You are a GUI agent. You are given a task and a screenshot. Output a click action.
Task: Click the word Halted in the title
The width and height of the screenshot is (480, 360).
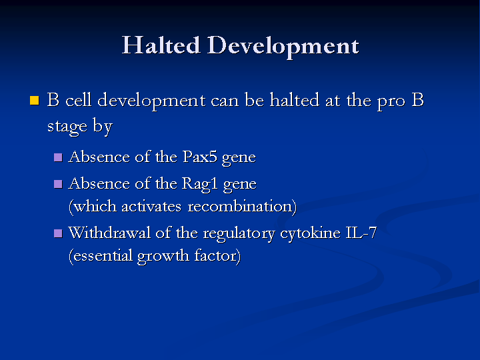click(161, 45)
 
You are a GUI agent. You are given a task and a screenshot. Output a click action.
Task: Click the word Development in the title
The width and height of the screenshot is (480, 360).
click(283, 46)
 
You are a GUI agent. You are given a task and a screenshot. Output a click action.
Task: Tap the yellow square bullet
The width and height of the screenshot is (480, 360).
click(35, 101)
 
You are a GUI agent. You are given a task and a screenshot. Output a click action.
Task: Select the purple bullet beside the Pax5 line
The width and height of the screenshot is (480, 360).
click(58, 157)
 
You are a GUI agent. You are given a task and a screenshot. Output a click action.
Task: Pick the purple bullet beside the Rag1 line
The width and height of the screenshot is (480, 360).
click(58, 184)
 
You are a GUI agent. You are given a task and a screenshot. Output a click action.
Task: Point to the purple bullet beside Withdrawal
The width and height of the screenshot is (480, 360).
click(58, 233)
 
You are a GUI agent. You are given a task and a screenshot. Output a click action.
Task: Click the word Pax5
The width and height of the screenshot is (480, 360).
click(200, 157)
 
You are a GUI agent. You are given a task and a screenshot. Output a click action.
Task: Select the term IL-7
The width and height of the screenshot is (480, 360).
click(361, 233)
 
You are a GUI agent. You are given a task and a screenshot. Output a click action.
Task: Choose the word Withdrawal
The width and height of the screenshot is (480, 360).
click(109, 233)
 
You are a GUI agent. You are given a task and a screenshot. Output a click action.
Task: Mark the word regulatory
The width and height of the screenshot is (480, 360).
click(239, 234)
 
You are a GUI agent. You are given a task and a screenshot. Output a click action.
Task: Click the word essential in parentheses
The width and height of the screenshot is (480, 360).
click(103, 255)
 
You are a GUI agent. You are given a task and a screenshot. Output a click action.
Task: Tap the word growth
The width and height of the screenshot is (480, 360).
click(163, 257)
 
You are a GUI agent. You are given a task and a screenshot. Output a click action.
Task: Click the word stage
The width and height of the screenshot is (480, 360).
click(67, 127)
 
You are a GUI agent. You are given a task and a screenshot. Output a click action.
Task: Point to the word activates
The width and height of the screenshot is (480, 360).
click(151, 207)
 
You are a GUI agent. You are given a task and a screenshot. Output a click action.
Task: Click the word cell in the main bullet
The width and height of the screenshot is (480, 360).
click(79, 100)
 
